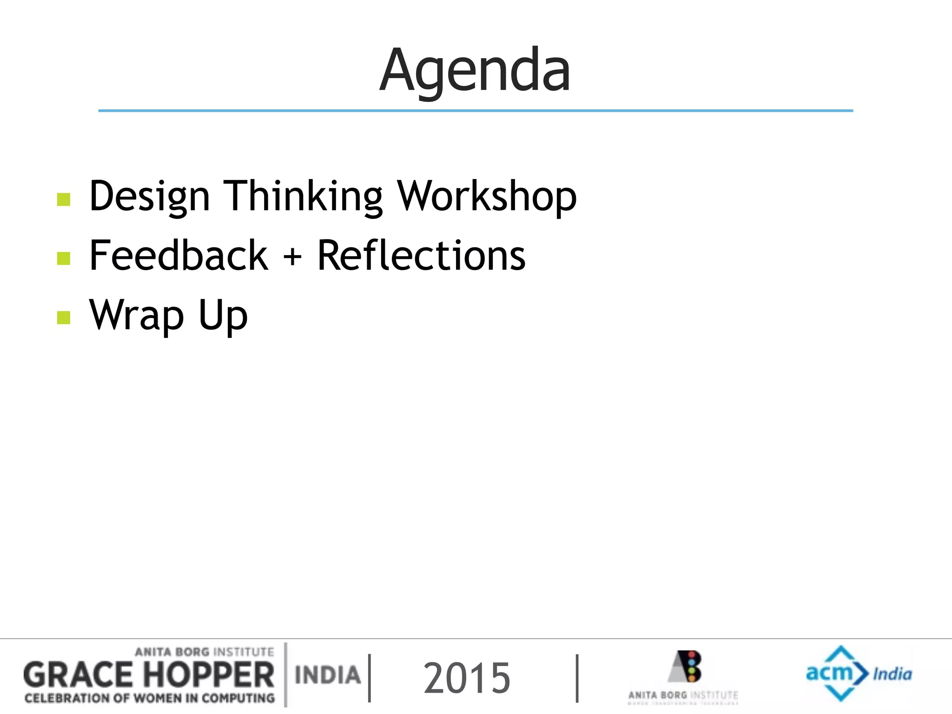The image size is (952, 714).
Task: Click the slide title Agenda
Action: click(x=475, y=71)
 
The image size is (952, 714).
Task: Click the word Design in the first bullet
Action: click(x=149, y=197)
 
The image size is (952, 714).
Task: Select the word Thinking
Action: click(x=303, y=197)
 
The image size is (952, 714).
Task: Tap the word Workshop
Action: click(x=486, y=197)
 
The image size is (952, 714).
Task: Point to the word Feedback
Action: click(x=178, y=255)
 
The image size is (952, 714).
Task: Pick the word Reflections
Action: click(x=421, y=255)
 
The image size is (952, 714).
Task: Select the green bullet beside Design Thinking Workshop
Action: click(x=64, y=199)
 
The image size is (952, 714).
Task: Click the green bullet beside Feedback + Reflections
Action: click(x=64, y=258)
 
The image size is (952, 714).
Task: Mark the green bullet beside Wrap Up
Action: click(x=64, y=318)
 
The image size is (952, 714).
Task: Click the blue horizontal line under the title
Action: click(x=475, y=111)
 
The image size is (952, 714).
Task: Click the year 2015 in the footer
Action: click(x=467, y=679)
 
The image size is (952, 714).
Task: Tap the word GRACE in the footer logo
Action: click(x=78, y=675)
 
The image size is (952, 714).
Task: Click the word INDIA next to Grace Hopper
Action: click(x=328, y=675)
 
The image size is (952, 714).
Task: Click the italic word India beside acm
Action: click(x=892, y=674)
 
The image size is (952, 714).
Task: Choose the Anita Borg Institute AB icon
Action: click(x=686, y=666)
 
